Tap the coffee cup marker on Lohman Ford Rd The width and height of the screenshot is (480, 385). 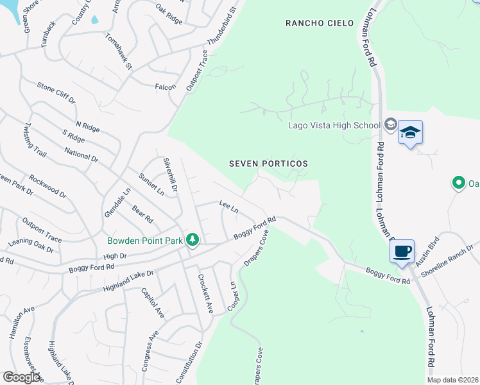[x=402, y=251]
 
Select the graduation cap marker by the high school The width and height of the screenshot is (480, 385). [x=410, y=133]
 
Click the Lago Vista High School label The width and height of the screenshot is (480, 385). [x=334, y=125]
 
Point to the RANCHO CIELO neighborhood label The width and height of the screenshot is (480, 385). [x=320, y=23]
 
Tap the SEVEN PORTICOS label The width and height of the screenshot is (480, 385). [x=269, y=164]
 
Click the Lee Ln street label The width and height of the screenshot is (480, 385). [x=228, y=207]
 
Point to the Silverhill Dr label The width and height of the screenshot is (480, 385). [x=171, y=174]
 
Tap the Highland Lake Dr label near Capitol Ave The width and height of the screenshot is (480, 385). [x=128, y=282]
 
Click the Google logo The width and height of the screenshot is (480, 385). [x=21, y=377]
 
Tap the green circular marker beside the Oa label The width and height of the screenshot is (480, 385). [x=458, y=184]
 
